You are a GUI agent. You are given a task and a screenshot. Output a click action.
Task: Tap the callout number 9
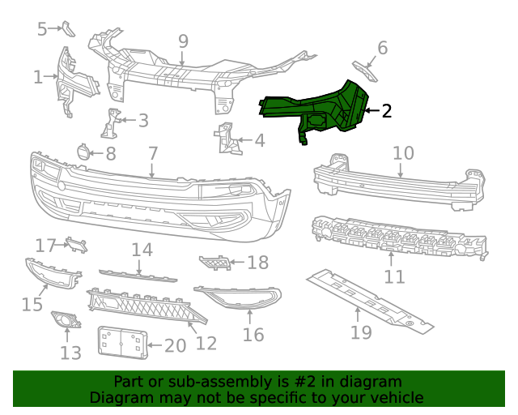tap(183, 41)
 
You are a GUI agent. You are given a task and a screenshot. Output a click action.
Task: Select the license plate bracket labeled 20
tap(121, 342)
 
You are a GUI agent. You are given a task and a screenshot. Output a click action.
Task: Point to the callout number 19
tap(360, 332)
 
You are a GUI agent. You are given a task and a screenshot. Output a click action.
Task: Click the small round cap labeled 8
tap(83, 151)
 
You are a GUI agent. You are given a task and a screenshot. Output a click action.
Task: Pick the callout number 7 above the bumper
tap(153, 152)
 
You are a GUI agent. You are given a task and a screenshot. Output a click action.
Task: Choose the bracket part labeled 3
tap(109, 123)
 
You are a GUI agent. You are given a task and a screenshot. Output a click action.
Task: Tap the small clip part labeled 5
tap(69, 30)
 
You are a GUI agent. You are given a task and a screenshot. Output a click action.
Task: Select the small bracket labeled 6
tap(365, 71)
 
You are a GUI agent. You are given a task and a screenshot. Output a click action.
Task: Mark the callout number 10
tap(403, 152)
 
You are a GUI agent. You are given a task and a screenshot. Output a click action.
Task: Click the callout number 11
tap(394, 276)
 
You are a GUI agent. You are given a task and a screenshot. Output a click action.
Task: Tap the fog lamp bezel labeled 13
tap(64, 322)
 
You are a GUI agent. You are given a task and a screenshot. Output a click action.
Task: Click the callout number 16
tap(253, 334)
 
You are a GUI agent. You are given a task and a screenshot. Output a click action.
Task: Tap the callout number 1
tap(38, 77)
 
